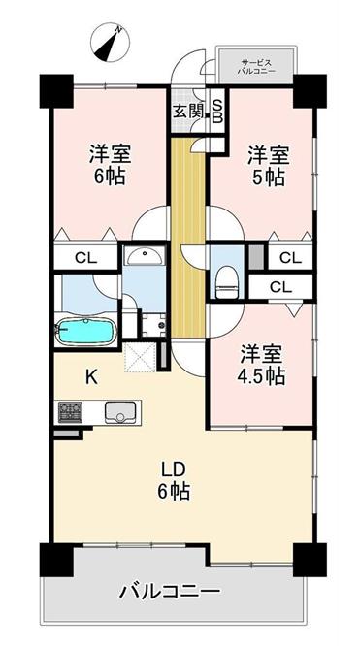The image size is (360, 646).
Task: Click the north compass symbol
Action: (110, 42)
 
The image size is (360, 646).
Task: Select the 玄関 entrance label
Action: (188, 111)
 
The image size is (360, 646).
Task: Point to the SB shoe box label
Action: (216, 111)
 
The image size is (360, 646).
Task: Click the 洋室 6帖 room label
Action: (110, 165)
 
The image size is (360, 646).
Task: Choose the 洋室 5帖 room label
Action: (266, 165)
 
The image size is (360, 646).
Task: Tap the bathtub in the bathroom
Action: (85, 331)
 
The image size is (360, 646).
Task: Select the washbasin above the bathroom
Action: (145, 257)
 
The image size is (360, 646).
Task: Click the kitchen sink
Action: (117, 412)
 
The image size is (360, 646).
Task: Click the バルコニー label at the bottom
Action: (171, 591)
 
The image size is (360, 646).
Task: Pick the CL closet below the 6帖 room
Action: (85, 259)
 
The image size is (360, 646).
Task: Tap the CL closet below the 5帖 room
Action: (289, 258)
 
